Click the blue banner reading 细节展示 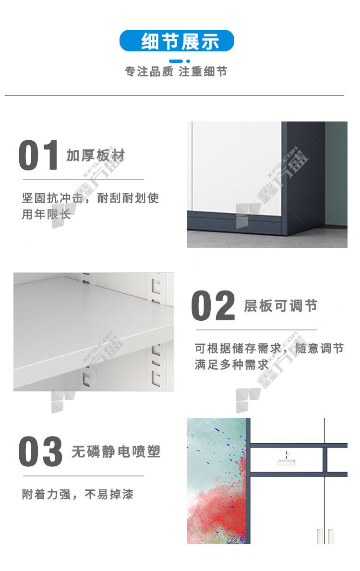pos(177,41)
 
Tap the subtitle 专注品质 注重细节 pos(176,72)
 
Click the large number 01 pos(38,155)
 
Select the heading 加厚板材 pos(96,156)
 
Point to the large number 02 pos(213,305)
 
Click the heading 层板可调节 pos(281,306)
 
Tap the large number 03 pos(40,451)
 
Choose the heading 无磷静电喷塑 pos(116,451)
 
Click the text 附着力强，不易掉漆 pos(78,494)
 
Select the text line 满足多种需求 pos(231,364)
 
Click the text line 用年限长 pos(46,214)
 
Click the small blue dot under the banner pos(188,61)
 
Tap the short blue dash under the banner pos(176,61)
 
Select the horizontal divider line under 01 pos(84,180)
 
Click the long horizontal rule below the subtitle pos(174,96)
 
